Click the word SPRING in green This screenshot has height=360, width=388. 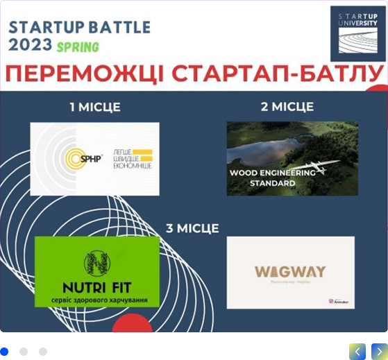[x=78, y=47]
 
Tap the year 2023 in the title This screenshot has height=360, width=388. [x=30, y=45]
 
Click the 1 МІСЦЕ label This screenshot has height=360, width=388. [x=94, y=107]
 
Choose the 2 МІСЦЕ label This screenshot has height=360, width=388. [x=287, y=107]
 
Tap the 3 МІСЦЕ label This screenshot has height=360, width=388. [x=192, y=228]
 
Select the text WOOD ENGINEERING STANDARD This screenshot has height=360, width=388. [x=271, y=178]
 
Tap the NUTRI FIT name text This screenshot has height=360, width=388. [x=96, y=286]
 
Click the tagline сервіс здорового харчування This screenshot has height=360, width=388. [x=96, y=300]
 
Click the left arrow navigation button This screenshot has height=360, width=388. [x=357, y=352]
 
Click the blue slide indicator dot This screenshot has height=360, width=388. [x=5, y=352]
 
